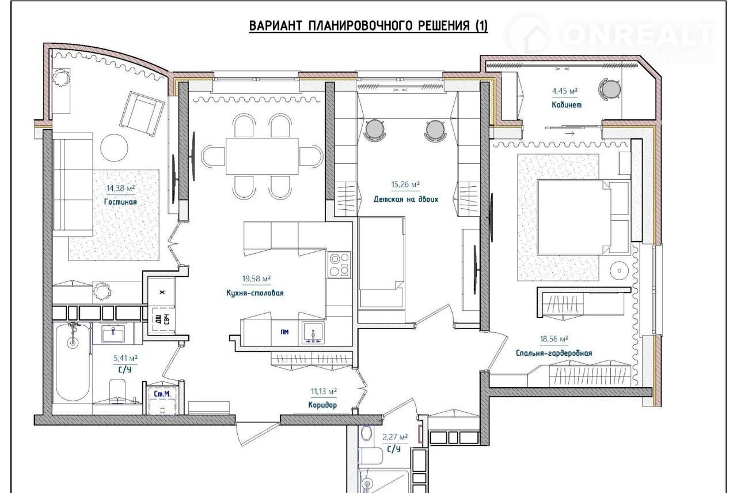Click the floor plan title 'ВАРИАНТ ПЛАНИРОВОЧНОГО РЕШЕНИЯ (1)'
point(368,26)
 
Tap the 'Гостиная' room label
point(120,202)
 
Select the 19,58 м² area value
point(256,279)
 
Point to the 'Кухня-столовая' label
point(255,293)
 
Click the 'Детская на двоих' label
point(406,199)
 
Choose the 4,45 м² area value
point(565,91)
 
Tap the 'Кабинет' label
point(567,105)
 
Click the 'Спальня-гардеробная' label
point(554,353)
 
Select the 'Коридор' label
point(322,405)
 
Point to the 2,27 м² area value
point(395,437)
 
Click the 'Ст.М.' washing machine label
point(162,394)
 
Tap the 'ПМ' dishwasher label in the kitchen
point(284,332)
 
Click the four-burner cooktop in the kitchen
point(339,265)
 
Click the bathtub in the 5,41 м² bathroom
point(73,362)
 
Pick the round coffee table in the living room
point(114,148)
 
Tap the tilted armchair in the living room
point(142,114)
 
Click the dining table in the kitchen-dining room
point(262,156)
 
